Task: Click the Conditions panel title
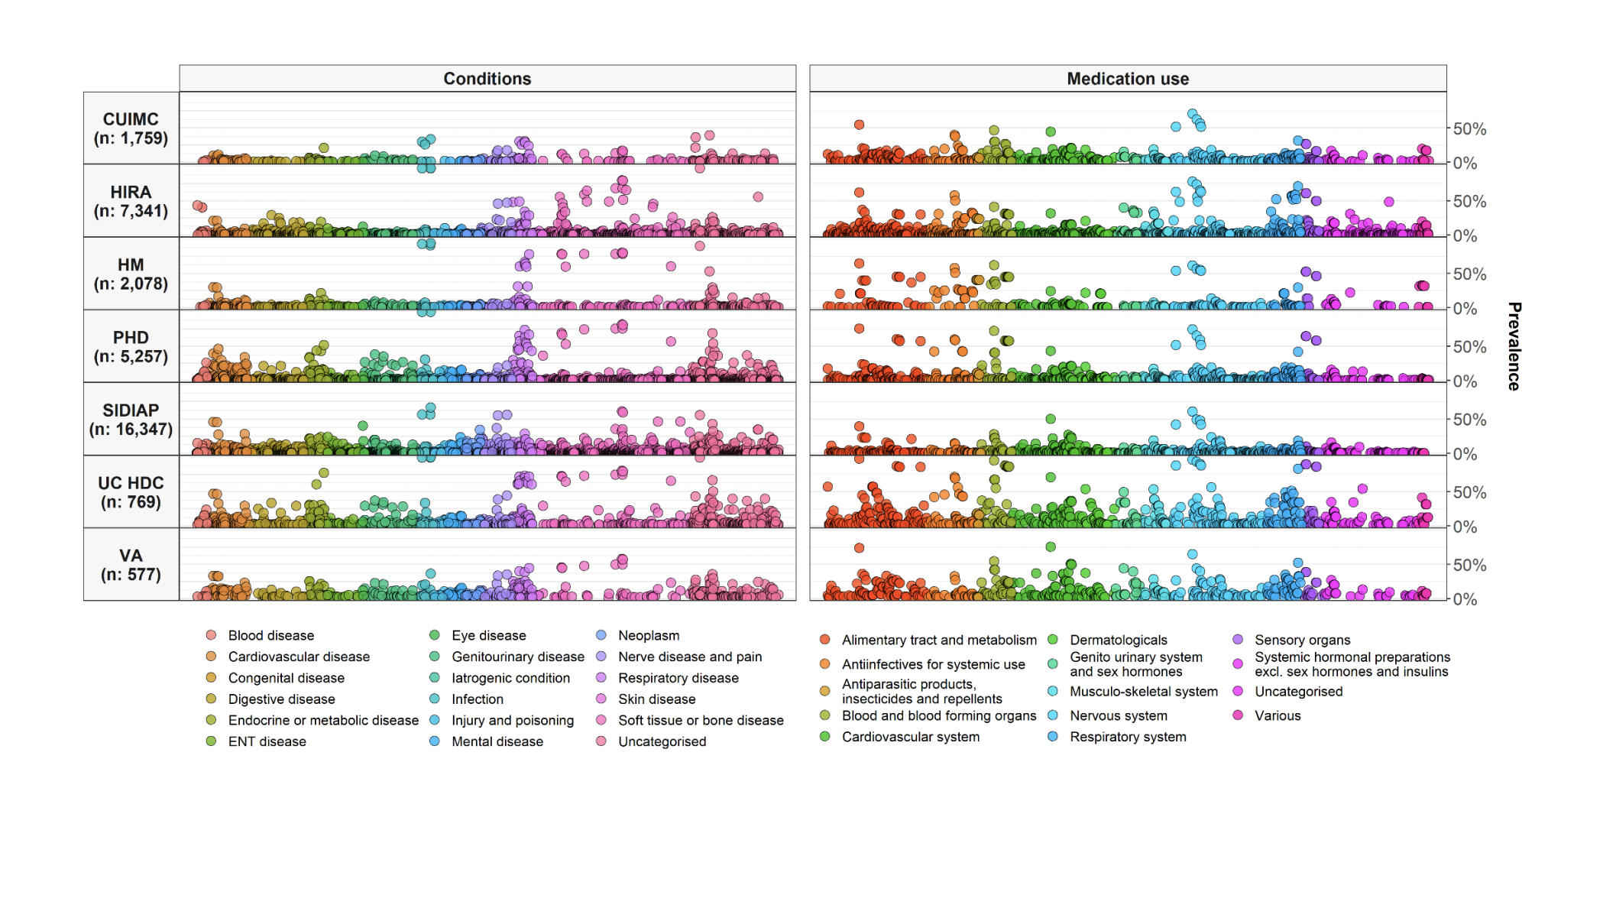click(487, 79)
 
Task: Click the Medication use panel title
click(1127, 79)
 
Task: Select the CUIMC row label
click(131, 128)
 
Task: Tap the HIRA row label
click(131, 201)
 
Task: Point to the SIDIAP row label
click(131, 420)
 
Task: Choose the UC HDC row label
click(131, 492)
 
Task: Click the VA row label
click(131, 565)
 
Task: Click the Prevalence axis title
click(1514, 346)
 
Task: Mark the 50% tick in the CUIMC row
click(1469, 129)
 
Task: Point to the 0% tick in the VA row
click(1465, 600)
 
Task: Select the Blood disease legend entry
click(270, 635)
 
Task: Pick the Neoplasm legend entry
click(648, 635)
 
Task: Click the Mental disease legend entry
click(497, 741)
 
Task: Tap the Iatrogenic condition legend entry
click(510, 678)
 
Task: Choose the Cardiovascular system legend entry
click(910, 737)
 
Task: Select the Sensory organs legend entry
click(1302, 640)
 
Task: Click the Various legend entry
click(1277, 715)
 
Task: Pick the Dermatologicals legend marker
click(1053, 640)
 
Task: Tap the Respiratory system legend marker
click(1053, 737)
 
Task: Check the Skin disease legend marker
click(601, 699)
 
